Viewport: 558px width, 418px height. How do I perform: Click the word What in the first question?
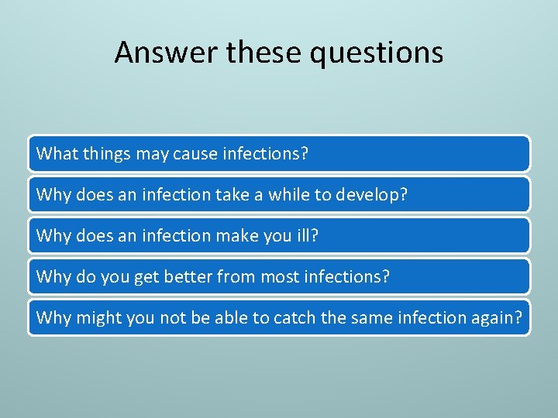pyautogui.click(x=54, y=153)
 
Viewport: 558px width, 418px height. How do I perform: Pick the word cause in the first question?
pyautogui.click(x=196, y=153)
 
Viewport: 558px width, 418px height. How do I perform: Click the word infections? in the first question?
pyautogui.click(x=265, y=153)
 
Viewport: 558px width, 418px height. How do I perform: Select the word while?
pyautogui.click(x=288, y=194)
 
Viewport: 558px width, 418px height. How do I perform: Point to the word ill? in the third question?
pyautogui.click(x=307, y=235)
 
